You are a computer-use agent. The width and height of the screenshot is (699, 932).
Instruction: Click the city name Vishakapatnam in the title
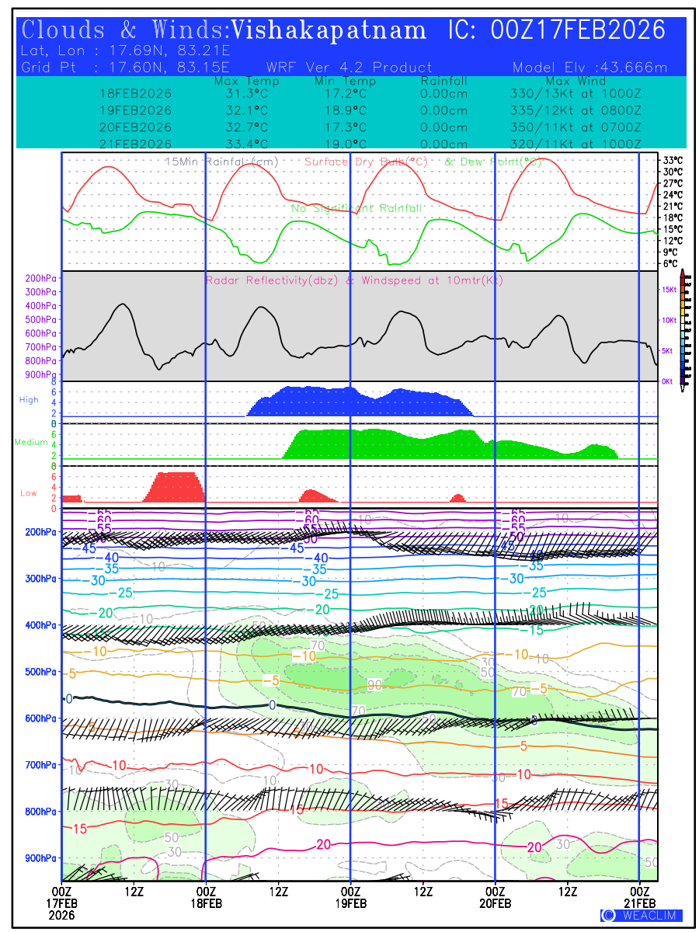tap(329, 30)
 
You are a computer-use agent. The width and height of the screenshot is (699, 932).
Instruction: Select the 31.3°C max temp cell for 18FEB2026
tap(247, 93)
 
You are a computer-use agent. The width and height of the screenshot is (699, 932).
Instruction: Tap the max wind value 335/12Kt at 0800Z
tap(572, 110)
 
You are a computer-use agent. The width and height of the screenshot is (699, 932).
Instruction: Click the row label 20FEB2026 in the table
tap(135, 127)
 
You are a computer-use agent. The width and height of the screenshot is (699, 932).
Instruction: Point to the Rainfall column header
tap(443, 81)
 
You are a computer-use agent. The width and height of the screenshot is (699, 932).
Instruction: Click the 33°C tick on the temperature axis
tap(673, 160)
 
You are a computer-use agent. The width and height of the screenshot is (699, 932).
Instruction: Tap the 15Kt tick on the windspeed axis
tap(668, 290)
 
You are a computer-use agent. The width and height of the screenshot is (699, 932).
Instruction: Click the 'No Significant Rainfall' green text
tap(356, 209)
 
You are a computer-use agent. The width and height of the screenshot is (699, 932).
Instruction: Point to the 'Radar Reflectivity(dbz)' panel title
tap(271, 280)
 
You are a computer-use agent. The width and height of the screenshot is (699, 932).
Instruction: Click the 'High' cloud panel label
tap(29, 400)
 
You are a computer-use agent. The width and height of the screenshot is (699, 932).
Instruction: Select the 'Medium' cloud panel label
tap(31, 442)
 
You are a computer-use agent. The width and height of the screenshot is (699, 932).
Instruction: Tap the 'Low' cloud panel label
tap(29, 493)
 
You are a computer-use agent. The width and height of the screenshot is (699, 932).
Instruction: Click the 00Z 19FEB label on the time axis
tap(350, 898)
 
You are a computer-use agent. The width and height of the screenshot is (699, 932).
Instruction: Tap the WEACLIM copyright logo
tap(641, 916)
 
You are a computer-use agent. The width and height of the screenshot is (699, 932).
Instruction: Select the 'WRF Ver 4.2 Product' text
tap(349, 68)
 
